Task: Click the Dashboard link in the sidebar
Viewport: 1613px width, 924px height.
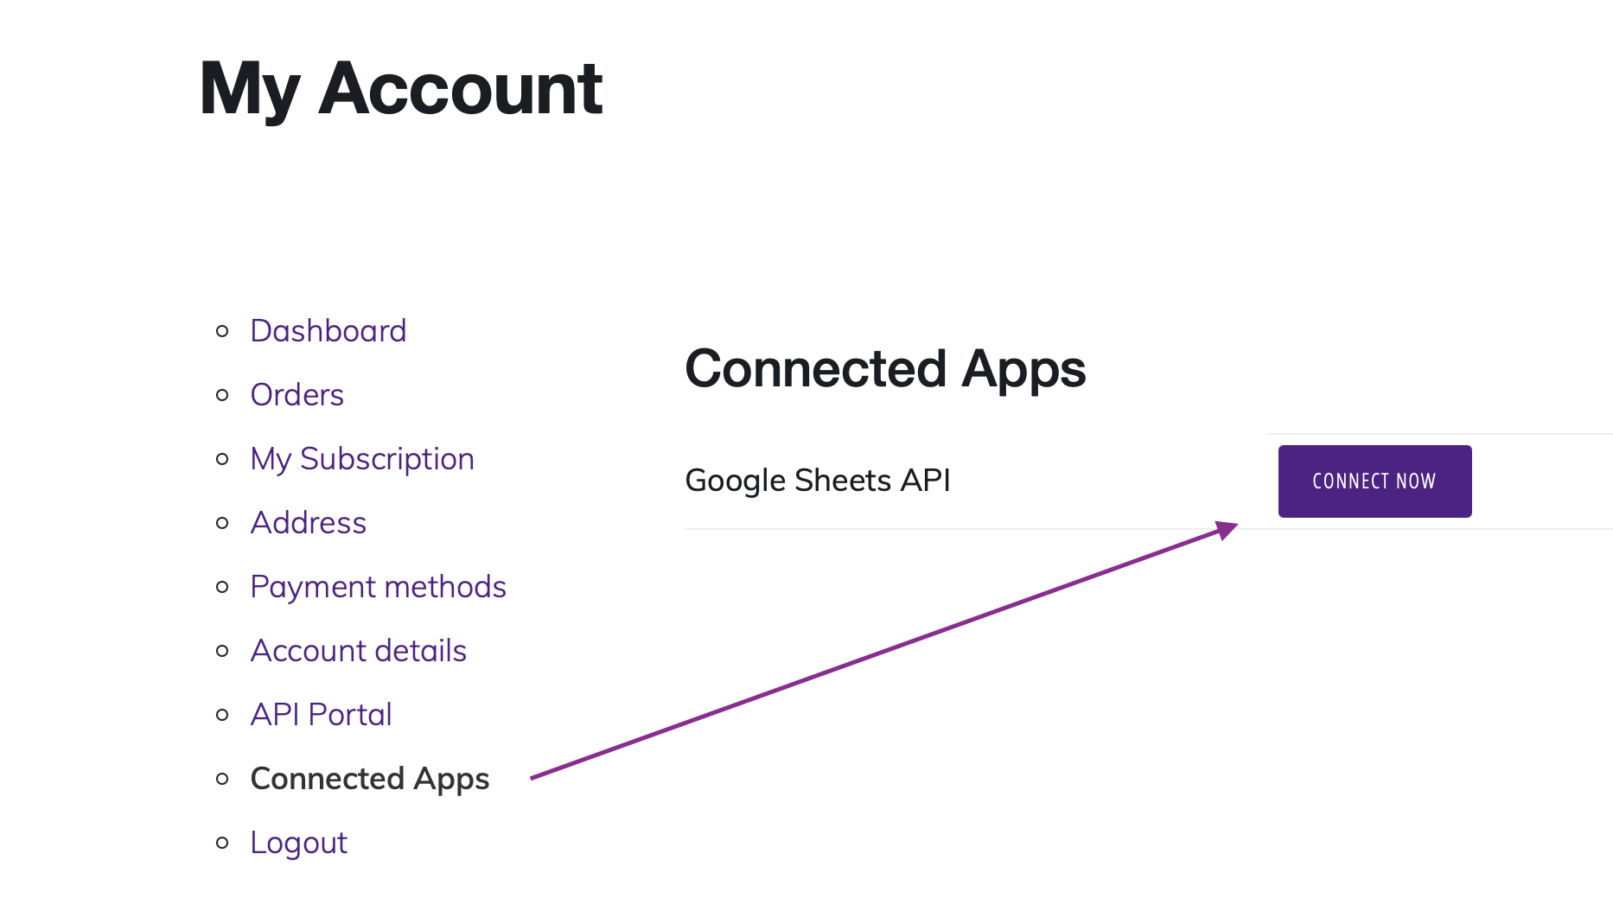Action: pyautogui.click(x=328, y=331)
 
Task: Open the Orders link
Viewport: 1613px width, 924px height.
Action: pyautogui.click(x=296, y=395)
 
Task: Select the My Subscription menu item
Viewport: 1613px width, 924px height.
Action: pyautogui.click(x=361, y=459)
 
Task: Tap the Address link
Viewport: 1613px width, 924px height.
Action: pyautogui.click(x=308, y=523)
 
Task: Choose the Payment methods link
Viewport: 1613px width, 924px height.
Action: pyautogui.click(x=378, y=587)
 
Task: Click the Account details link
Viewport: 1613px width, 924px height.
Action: pyautogui.click(x=358, y=651)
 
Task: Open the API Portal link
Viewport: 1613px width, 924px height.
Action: pyautogui.click(x=321, y=715)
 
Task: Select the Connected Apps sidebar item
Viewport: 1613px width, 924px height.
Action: pyautogui.click(x=369, y=779)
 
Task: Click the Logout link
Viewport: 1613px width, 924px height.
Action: pyautogui.click(x=298, y=843)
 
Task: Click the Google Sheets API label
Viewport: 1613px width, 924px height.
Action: pyautogui.click(x=817, y=481)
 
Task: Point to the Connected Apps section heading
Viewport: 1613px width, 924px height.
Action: pyautogui.click(x=884, y=369)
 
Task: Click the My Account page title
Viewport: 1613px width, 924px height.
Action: pyautogui.click(x=400, y=89)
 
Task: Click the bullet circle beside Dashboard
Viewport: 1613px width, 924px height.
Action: pyautogui.click(x=222, y=331)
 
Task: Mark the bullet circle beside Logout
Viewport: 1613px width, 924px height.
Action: pyautogui.click(x=222, y=843)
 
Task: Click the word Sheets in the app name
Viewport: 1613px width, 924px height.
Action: pyautogui.click(x=842, y=481)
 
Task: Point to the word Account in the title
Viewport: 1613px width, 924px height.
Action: pyautogui.click(x=460, y=89)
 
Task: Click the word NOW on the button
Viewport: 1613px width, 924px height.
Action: pyautogui.click(x=1416, y=481)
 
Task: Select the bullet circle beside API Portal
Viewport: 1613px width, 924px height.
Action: pyautogui.click(x=222, y=715)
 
